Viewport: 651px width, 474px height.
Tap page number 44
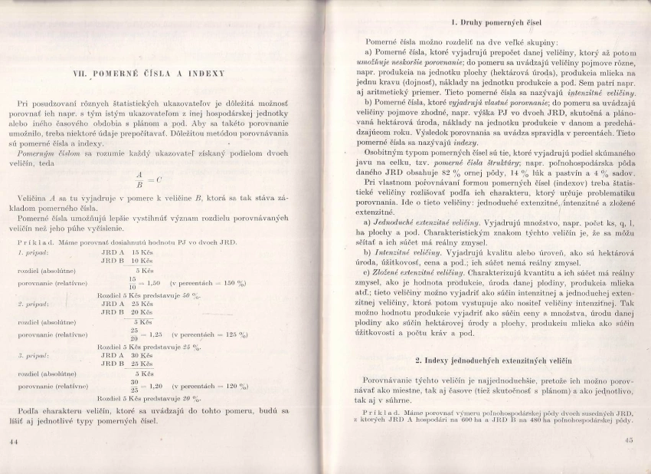tap(13, 443)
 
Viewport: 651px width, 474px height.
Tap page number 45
tap(630, 439)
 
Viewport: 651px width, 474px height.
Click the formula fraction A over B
tap(139, 179)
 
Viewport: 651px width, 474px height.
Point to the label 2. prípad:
tap(33, 304)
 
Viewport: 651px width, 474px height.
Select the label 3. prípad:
tap(33, 355)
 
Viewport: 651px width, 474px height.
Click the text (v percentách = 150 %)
tap(208, 283)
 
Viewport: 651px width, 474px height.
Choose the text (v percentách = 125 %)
tap(211, 334)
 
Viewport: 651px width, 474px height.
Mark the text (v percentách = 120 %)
tap(209, 387)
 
